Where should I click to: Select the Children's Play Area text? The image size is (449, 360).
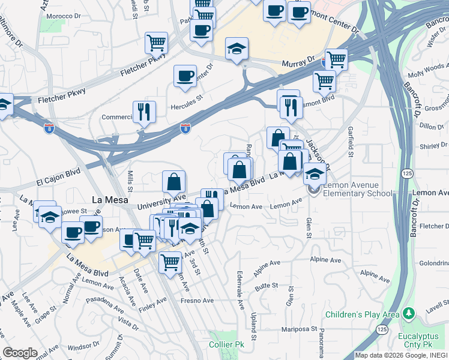pos(363,314)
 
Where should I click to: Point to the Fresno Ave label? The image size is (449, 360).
pos(198,301)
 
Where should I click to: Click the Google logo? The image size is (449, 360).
pos(20,353)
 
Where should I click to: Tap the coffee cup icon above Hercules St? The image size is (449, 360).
pos(185,76)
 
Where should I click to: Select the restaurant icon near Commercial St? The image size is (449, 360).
pos(144,111)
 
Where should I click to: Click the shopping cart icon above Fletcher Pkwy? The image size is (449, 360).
pos(156,42)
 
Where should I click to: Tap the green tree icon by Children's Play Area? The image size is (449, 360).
pos(408,314)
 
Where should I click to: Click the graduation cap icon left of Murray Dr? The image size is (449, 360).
pos(237,48)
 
